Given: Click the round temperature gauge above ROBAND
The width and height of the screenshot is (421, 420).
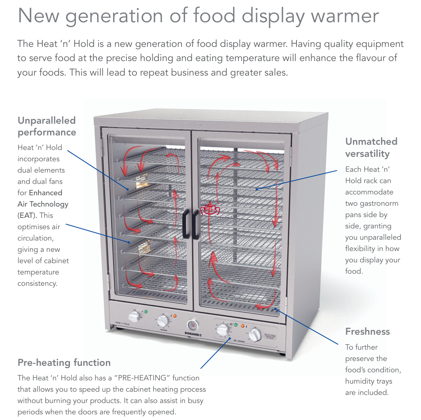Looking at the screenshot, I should click(x=193, y=325).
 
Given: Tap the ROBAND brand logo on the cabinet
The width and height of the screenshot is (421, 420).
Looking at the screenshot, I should click(x=193, y=335).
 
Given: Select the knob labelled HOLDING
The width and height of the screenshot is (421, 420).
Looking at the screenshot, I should click(x=163, y=321).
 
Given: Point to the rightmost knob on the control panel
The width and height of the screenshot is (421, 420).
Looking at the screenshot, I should click(x=255, y=335).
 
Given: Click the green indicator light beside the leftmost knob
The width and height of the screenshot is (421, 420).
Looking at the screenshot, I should click(x=145, y=312).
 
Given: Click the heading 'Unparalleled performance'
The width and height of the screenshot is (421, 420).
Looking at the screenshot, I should click(x=46, y=126).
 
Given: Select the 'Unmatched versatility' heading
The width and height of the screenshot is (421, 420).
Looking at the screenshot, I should click(x=371, y=147).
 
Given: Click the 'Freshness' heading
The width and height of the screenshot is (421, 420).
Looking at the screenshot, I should click(x=367, y=331).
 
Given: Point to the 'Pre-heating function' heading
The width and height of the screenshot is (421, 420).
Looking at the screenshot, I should click(x=64, y=362).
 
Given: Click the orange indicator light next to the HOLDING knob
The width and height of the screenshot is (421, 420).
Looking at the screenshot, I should click(x=175, y=315).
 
